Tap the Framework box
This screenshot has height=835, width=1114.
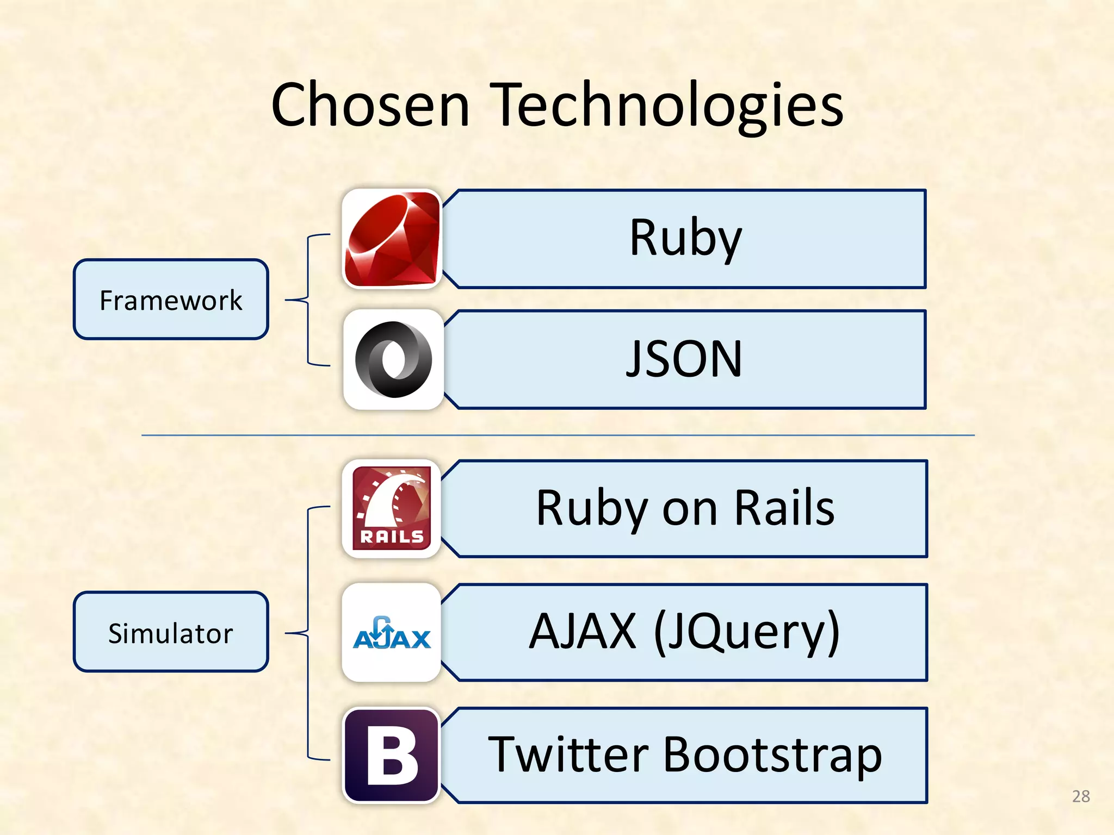tap(171, 300)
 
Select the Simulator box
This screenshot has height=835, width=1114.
tap(171, 632)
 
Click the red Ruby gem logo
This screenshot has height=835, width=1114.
tap(392, 239)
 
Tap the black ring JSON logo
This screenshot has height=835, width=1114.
tap(393, 359)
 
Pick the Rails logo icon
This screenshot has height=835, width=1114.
tap(392, 508)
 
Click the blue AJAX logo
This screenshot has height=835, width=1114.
tap(392, 633)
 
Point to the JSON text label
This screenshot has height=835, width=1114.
tap(684, 359)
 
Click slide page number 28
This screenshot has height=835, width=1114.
tap(1081, 796)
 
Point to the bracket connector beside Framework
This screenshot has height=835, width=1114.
tap(308, 300)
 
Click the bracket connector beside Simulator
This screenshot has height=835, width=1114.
tap(308, 632)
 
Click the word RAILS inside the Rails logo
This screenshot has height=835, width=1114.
tap(392, 537)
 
